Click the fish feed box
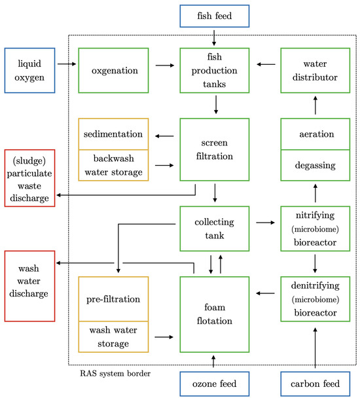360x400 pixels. pos(214,16)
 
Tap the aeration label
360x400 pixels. pos(315,134)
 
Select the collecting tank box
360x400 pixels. pos(213,228)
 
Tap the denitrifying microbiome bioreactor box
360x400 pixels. pos(315,299)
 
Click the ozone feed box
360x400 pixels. pos(214,384)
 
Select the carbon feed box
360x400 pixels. pos(315,384)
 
